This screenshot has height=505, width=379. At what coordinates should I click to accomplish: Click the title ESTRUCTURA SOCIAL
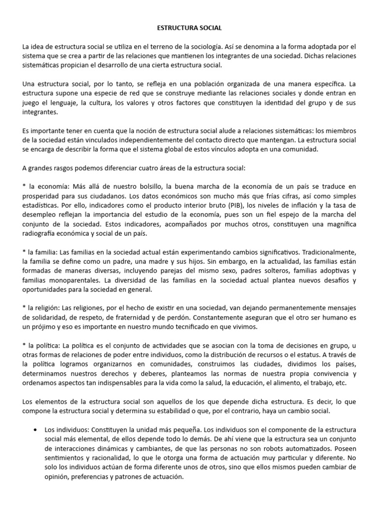[189, 29]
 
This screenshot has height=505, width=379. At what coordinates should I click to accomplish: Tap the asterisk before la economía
[24, 186]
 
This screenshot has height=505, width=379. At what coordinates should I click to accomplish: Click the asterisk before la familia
[24, 249]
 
